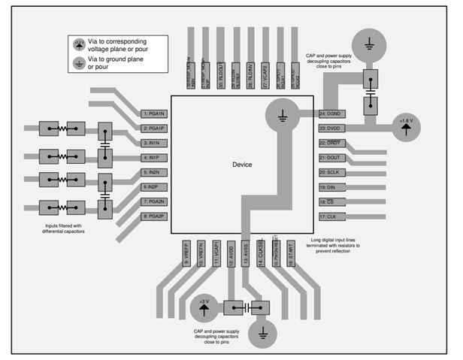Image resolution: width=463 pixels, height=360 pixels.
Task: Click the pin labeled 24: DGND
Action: pyautogui.click(x=331, y=113)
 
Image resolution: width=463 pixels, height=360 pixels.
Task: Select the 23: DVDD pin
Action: pyautogui.click(x=331, y=128)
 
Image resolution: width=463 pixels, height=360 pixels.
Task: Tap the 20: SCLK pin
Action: pyautogui.click(x=331, y=172)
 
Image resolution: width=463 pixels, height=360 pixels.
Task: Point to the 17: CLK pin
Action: pyautogui.click(x=331, y=216)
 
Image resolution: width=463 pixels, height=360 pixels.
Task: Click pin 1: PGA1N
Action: pyautogui.click(x=155, y=113)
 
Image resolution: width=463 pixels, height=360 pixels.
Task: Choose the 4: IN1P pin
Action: pyautogui.click(x=155, y=158)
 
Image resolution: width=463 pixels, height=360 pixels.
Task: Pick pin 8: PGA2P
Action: pyautogui.click(x=155, y=216)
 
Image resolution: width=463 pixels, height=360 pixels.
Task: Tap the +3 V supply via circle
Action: pyautogui.click(x=203, y=307)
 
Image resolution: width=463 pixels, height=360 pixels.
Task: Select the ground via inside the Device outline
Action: pyautogui.click(x=280, y=114)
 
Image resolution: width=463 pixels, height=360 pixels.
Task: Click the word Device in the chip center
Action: pyautogui.click(x=242, y=165)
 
